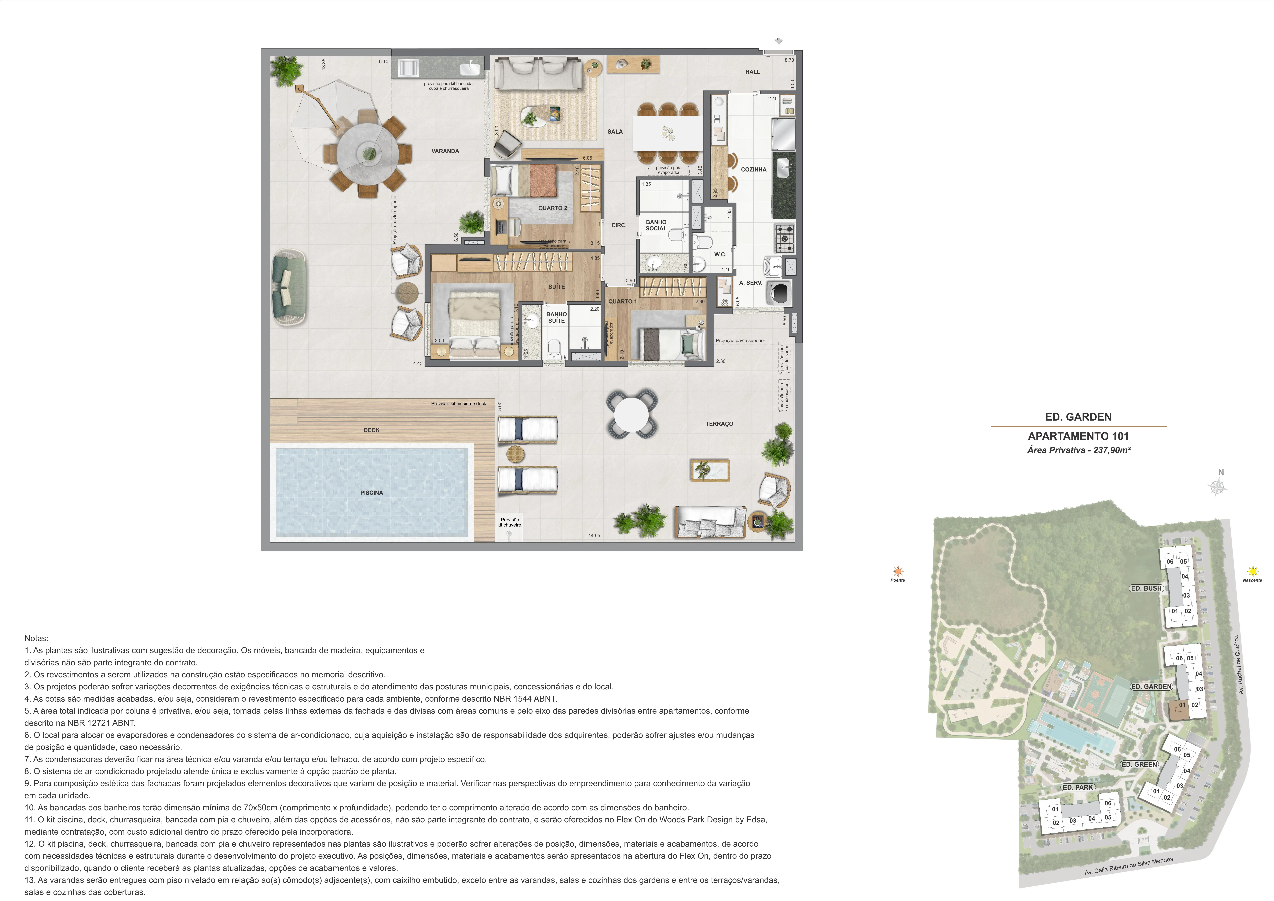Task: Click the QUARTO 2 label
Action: point(553,208)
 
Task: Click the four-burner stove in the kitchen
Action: point(785,239)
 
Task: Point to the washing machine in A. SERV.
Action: point(779,293)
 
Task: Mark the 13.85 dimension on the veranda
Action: point(323,64)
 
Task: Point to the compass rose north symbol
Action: point(1217,486)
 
